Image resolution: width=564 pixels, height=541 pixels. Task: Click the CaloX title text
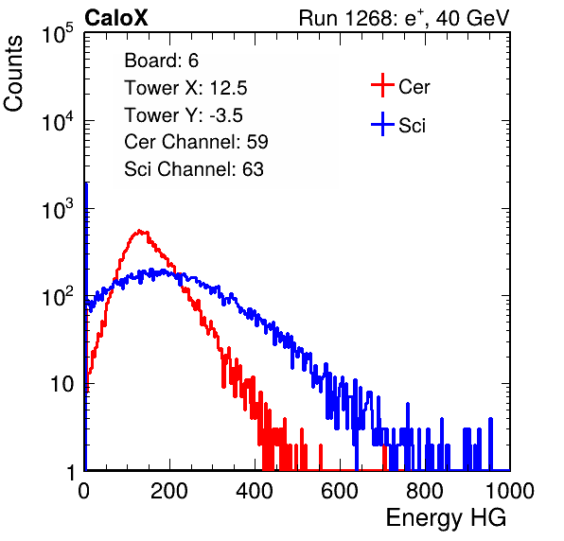(x=115, y=18)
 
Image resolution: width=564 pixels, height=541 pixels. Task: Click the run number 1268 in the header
(x=369, y=18)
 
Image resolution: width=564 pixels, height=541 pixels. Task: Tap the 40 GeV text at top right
(x=473, y=18)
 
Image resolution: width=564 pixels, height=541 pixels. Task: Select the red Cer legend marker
(x=382, y=85)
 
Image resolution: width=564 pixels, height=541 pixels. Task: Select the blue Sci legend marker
(x=382, y=124)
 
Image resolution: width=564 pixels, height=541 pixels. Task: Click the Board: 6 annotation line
(x=161, y=61)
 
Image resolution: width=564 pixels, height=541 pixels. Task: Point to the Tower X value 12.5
(x=228, y=88)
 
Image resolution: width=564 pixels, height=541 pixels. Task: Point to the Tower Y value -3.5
(x=226, y=115)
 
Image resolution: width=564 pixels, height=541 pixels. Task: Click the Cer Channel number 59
(x=257, y=142)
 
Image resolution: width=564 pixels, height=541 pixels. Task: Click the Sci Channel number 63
(x=253, y=169)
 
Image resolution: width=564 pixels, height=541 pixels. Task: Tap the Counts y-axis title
(x=13, y=74)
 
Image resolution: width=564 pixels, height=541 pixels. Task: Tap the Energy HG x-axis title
(x=446, y=517)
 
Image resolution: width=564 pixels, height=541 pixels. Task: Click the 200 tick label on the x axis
(x=169, y=491)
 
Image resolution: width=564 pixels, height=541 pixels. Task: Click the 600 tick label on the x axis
(x=340, y=491)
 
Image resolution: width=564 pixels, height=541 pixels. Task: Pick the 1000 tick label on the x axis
(x=510, y=491)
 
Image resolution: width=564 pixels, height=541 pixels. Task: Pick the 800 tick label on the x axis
(x=425, y=491)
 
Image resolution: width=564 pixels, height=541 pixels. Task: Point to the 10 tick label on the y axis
(x=62, y=384)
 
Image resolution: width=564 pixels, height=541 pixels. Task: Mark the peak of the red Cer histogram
(x=140, y=231)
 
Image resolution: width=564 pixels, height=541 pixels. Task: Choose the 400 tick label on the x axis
(x=255, y=491)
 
